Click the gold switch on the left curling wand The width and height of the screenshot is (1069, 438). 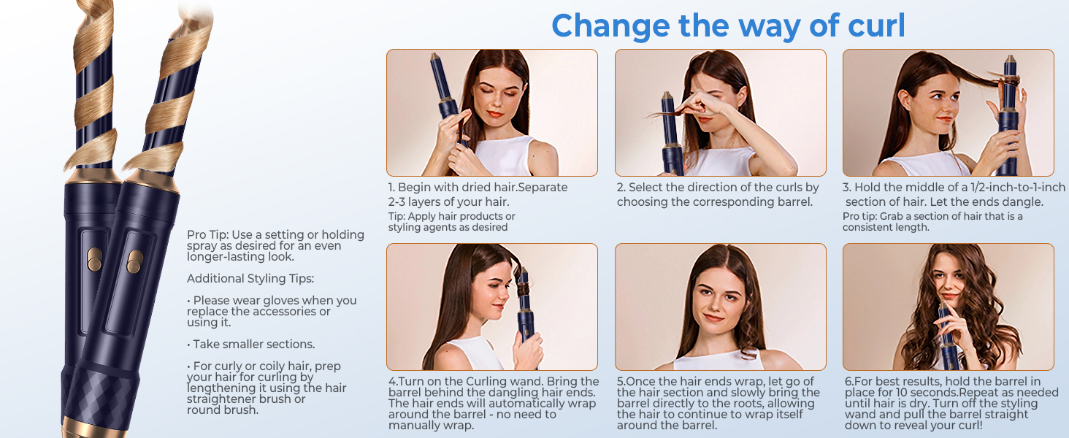(x=94, y=259)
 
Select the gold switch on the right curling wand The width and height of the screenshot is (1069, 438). (x=134, y=261)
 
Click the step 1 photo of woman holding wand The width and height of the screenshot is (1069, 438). (x=492, y=112)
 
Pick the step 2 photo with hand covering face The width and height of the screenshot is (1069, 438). (x=721, y=112)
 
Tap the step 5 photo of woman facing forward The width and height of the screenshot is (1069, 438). (x=721, y=307)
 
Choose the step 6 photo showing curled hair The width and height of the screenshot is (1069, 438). (x=949, y=307)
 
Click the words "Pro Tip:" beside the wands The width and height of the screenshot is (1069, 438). (x=207, y=235)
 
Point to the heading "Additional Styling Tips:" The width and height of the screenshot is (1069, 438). (x=250, y=279)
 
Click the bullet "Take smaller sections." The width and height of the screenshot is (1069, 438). (x=250, y=344)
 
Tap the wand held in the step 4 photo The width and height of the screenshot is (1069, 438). (x=525, y=305)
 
